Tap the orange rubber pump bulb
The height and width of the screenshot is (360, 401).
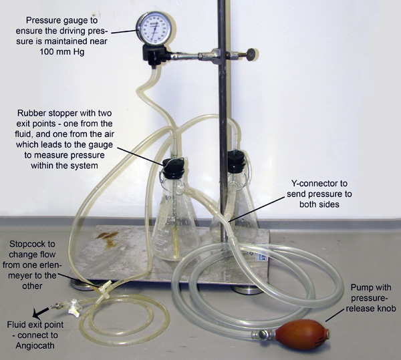tap(303, 335)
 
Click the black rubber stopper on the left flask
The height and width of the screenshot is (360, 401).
tap(174, 168)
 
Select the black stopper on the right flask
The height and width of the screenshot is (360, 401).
tap(236, 161)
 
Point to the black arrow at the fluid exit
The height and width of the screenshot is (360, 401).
tap(41, 313)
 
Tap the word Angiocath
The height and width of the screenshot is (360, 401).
tap(35, 346)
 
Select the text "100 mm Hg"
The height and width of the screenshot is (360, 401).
tap(61, 52)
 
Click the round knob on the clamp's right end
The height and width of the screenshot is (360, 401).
tap(252, 53)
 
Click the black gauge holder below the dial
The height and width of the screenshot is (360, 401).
tap(156, 55)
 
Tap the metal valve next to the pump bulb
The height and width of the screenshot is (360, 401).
tap(263, 335)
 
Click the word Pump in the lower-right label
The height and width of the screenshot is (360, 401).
tap(360, 288)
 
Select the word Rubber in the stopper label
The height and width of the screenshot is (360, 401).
tap(31, 113)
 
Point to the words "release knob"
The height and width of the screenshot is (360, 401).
tap(370, 309)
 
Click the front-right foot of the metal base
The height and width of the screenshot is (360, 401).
tap(247, 290)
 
